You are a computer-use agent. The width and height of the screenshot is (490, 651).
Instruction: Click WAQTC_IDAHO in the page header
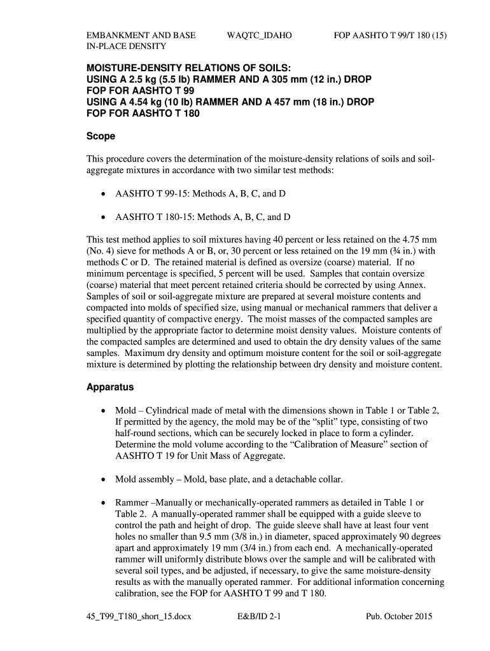point(259,36)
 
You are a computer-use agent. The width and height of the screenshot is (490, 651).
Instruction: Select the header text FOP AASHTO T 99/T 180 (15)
point(391,36)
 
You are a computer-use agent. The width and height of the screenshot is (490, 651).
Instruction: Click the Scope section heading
point(101,136)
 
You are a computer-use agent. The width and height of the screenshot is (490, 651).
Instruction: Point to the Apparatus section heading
point(110,387)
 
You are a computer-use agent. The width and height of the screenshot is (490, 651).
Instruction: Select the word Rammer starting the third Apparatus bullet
point(132,502)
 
